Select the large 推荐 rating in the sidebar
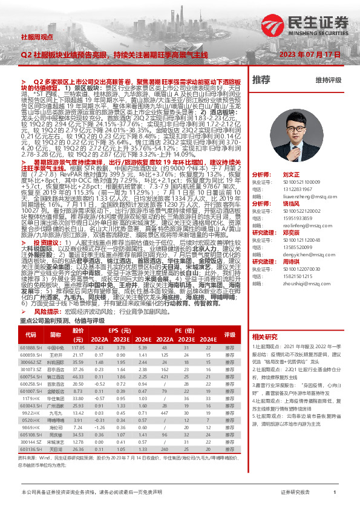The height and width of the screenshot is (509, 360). pyautogui.click(x=261, y=80)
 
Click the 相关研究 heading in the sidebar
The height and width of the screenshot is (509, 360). pyautogui.click(x=264, y=337)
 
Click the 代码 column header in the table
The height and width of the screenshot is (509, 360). pyautogui.click(x=30, y=333)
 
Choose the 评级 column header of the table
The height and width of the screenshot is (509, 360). pyautogui.click(x=229, y=333)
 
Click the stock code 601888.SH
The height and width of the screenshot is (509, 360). pyautogui.click(x=31, y=348)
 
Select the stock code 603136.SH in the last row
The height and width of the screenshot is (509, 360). pyautogui.click(x=31, y=466)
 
